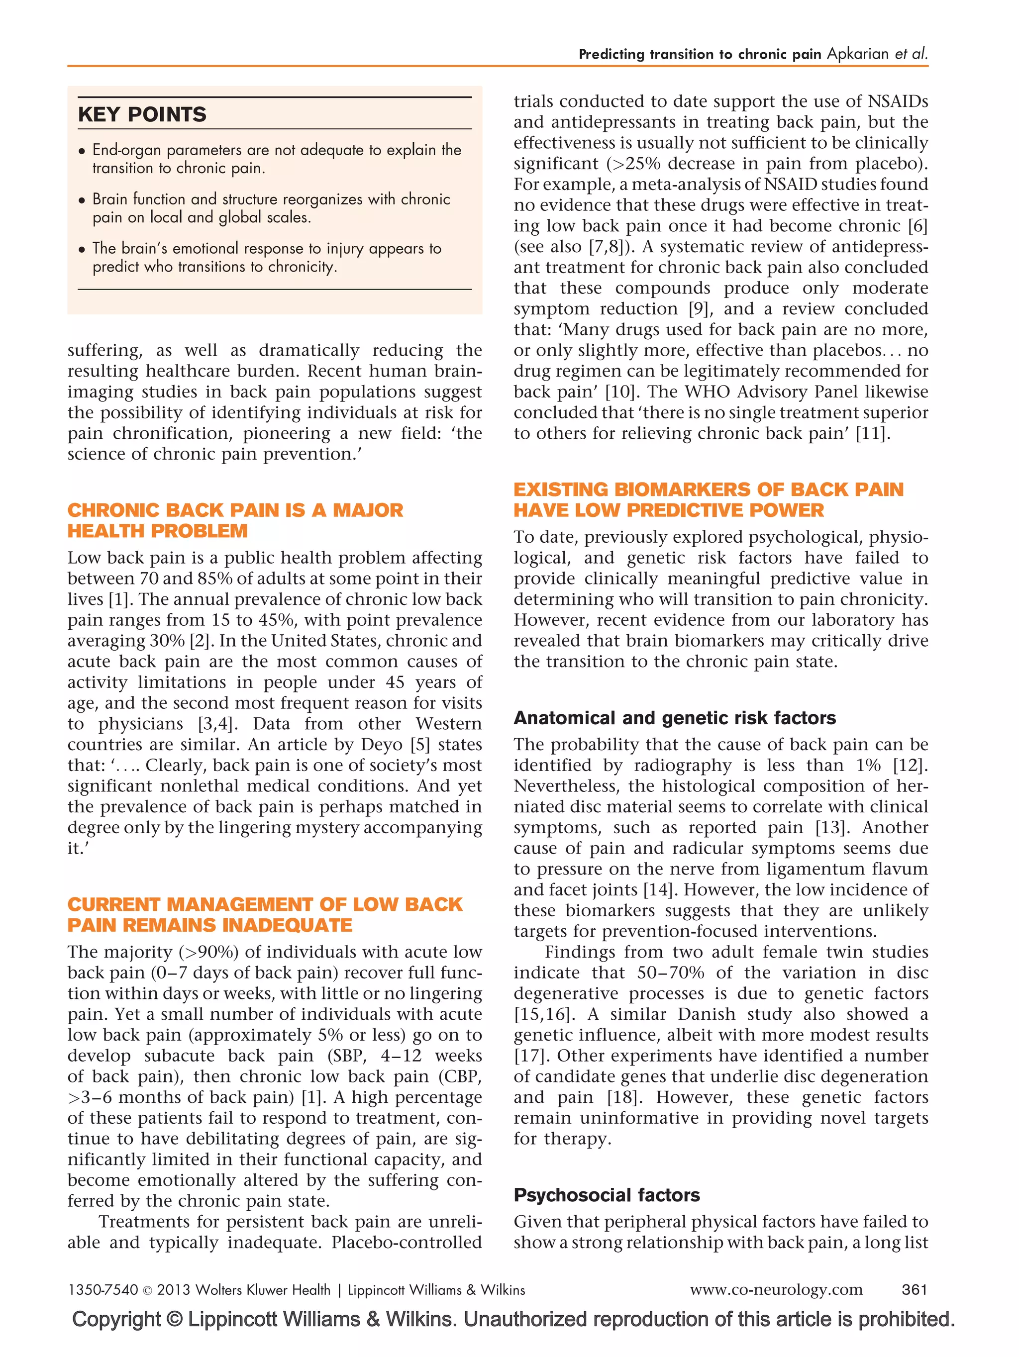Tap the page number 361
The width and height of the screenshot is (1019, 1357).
tap(914, 1289)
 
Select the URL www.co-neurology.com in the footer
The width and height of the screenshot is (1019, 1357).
tap(776, 1289)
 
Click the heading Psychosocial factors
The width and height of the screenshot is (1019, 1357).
tap(606, 1194)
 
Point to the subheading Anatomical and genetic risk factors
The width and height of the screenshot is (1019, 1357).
tap(674, 717)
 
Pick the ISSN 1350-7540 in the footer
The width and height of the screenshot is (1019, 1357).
tap(102, 1289)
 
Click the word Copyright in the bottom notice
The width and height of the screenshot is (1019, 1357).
tap(116, 1319)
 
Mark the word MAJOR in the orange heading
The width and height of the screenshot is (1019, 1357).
tap(368, 510)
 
